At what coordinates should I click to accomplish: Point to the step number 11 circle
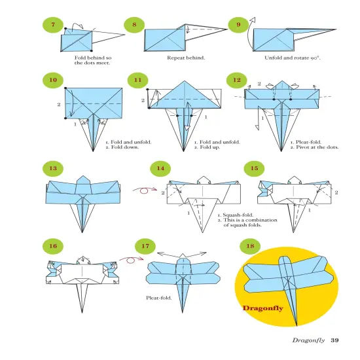(138, 81)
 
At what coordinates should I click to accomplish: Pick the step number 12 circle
(237, 81)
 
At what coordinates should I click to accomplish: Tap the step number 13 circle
(53, 168)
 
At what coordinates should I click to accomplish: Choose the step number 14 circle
(158, 168)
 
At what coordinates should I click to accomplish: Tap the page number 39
(334, 339)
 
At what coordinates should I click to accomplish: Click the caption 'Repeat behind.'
(186, 58)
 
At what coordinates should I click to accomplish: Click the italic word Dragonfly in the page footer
(308, 339)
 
